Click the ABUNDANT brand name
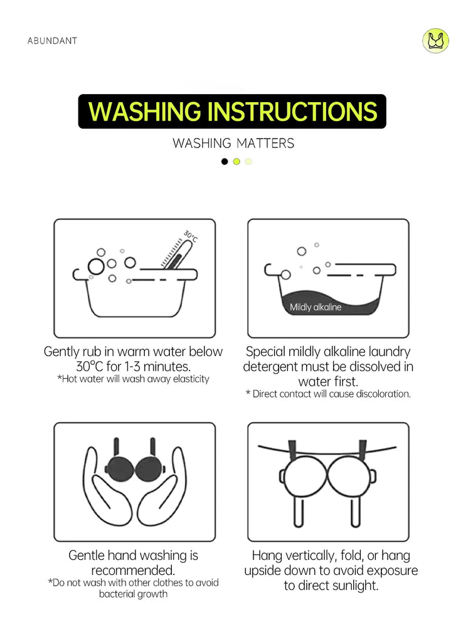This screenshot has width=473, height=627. click(53, 41)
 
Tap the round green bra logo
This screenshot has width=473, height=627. click(436, 41)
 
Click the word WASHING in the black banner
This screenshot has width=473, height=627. click(144, 111)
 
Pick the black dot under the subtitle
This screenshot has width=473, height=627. click(225, 162)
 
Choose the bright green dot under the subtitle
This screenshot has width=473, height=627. click(236, 162)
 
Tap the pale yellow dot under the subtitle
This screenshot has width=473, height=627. click(248, 162)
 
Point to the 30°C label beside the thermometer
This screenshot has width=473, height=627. click(191, 236)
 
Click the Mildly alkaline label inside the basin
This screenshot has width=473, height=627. click(316, 307)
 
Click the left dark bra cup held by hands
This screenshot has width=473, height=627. click(120, 468)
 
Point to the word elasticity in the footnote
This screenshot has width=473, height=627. click(191, 379)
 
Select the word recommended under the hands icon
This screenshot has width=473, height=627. click(133, 570)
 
